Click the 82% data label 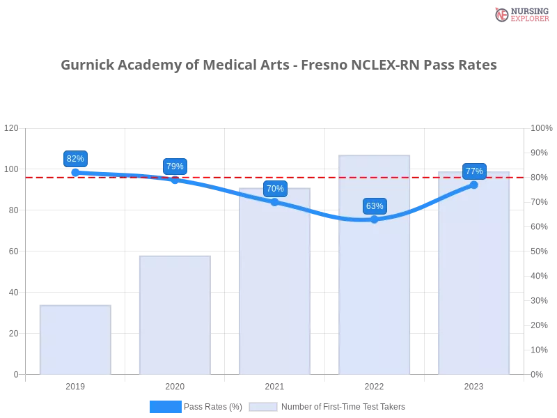pos(75,159)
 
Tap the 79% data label pos(175,167)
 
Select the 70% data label pos(275,189)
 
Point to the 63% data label pos(375,206)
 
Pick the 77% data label pos(474,171)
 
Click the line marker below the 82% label pos(75,171)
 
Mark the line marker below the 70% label pos(274,202)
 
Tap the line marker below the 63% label pos(375,219)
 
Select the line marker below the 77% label pos(474,185)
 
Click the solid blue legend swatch pos(166,406)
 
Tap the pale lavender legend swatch pos(263,406)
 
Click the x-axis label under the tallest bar pos(374,385)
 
